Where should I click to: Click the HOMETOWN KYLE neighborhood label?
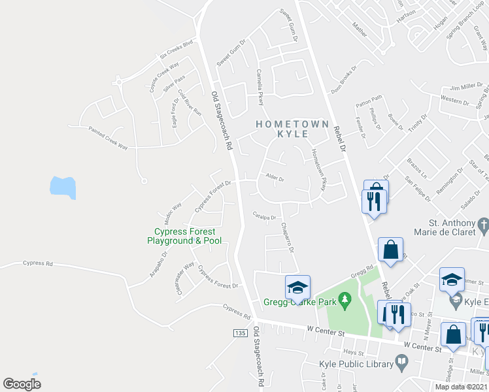282,128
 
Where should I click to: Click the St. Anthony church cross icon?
483,226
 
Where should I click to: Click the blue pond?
63,188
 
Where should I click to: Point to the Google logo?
22,384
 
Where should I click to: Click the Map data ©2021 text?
462,387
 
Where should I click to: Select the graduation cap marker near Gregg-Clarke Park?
297,287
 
